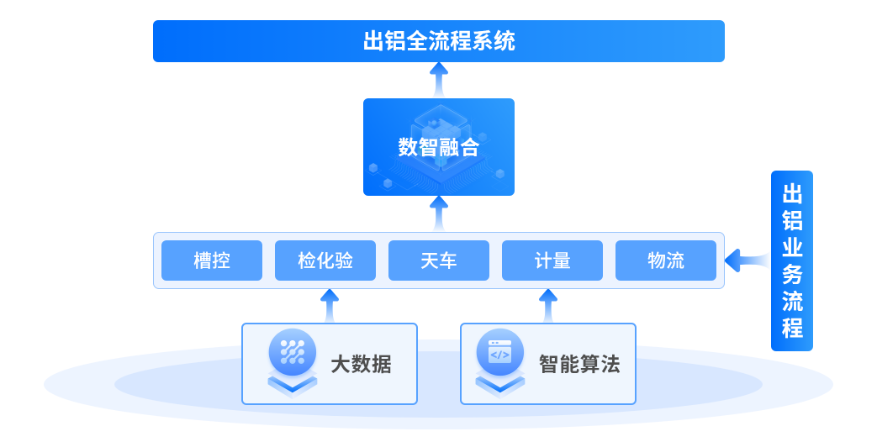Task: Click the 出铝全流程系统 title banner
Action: tap(438, 41)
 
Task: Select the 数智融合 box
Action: tap(438, 147)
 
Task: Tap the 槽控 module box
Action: tap(212, 260)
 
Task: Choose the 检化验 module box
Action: tap(325, 260)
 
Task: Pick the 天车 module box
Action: tap(438, 260)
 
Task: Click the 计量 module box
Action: tap(552, 260)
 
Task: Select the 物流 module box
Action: tap(666, 260)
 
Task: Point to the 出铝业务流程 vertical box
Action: tap(792, 260)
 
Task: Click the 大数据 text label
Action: tap(361, 365)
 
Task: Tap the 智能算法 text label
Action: tap(579, 365)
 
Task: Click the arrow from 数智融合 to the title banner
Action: tap(439, 81)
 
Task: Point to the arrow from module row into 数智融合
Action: tap(439, 213)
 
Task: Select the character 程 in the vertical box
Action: tap(792, 326)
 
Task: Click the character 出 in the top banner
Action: tap(373, 41)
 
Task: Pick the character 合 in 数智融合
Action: tap(469, 148)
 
